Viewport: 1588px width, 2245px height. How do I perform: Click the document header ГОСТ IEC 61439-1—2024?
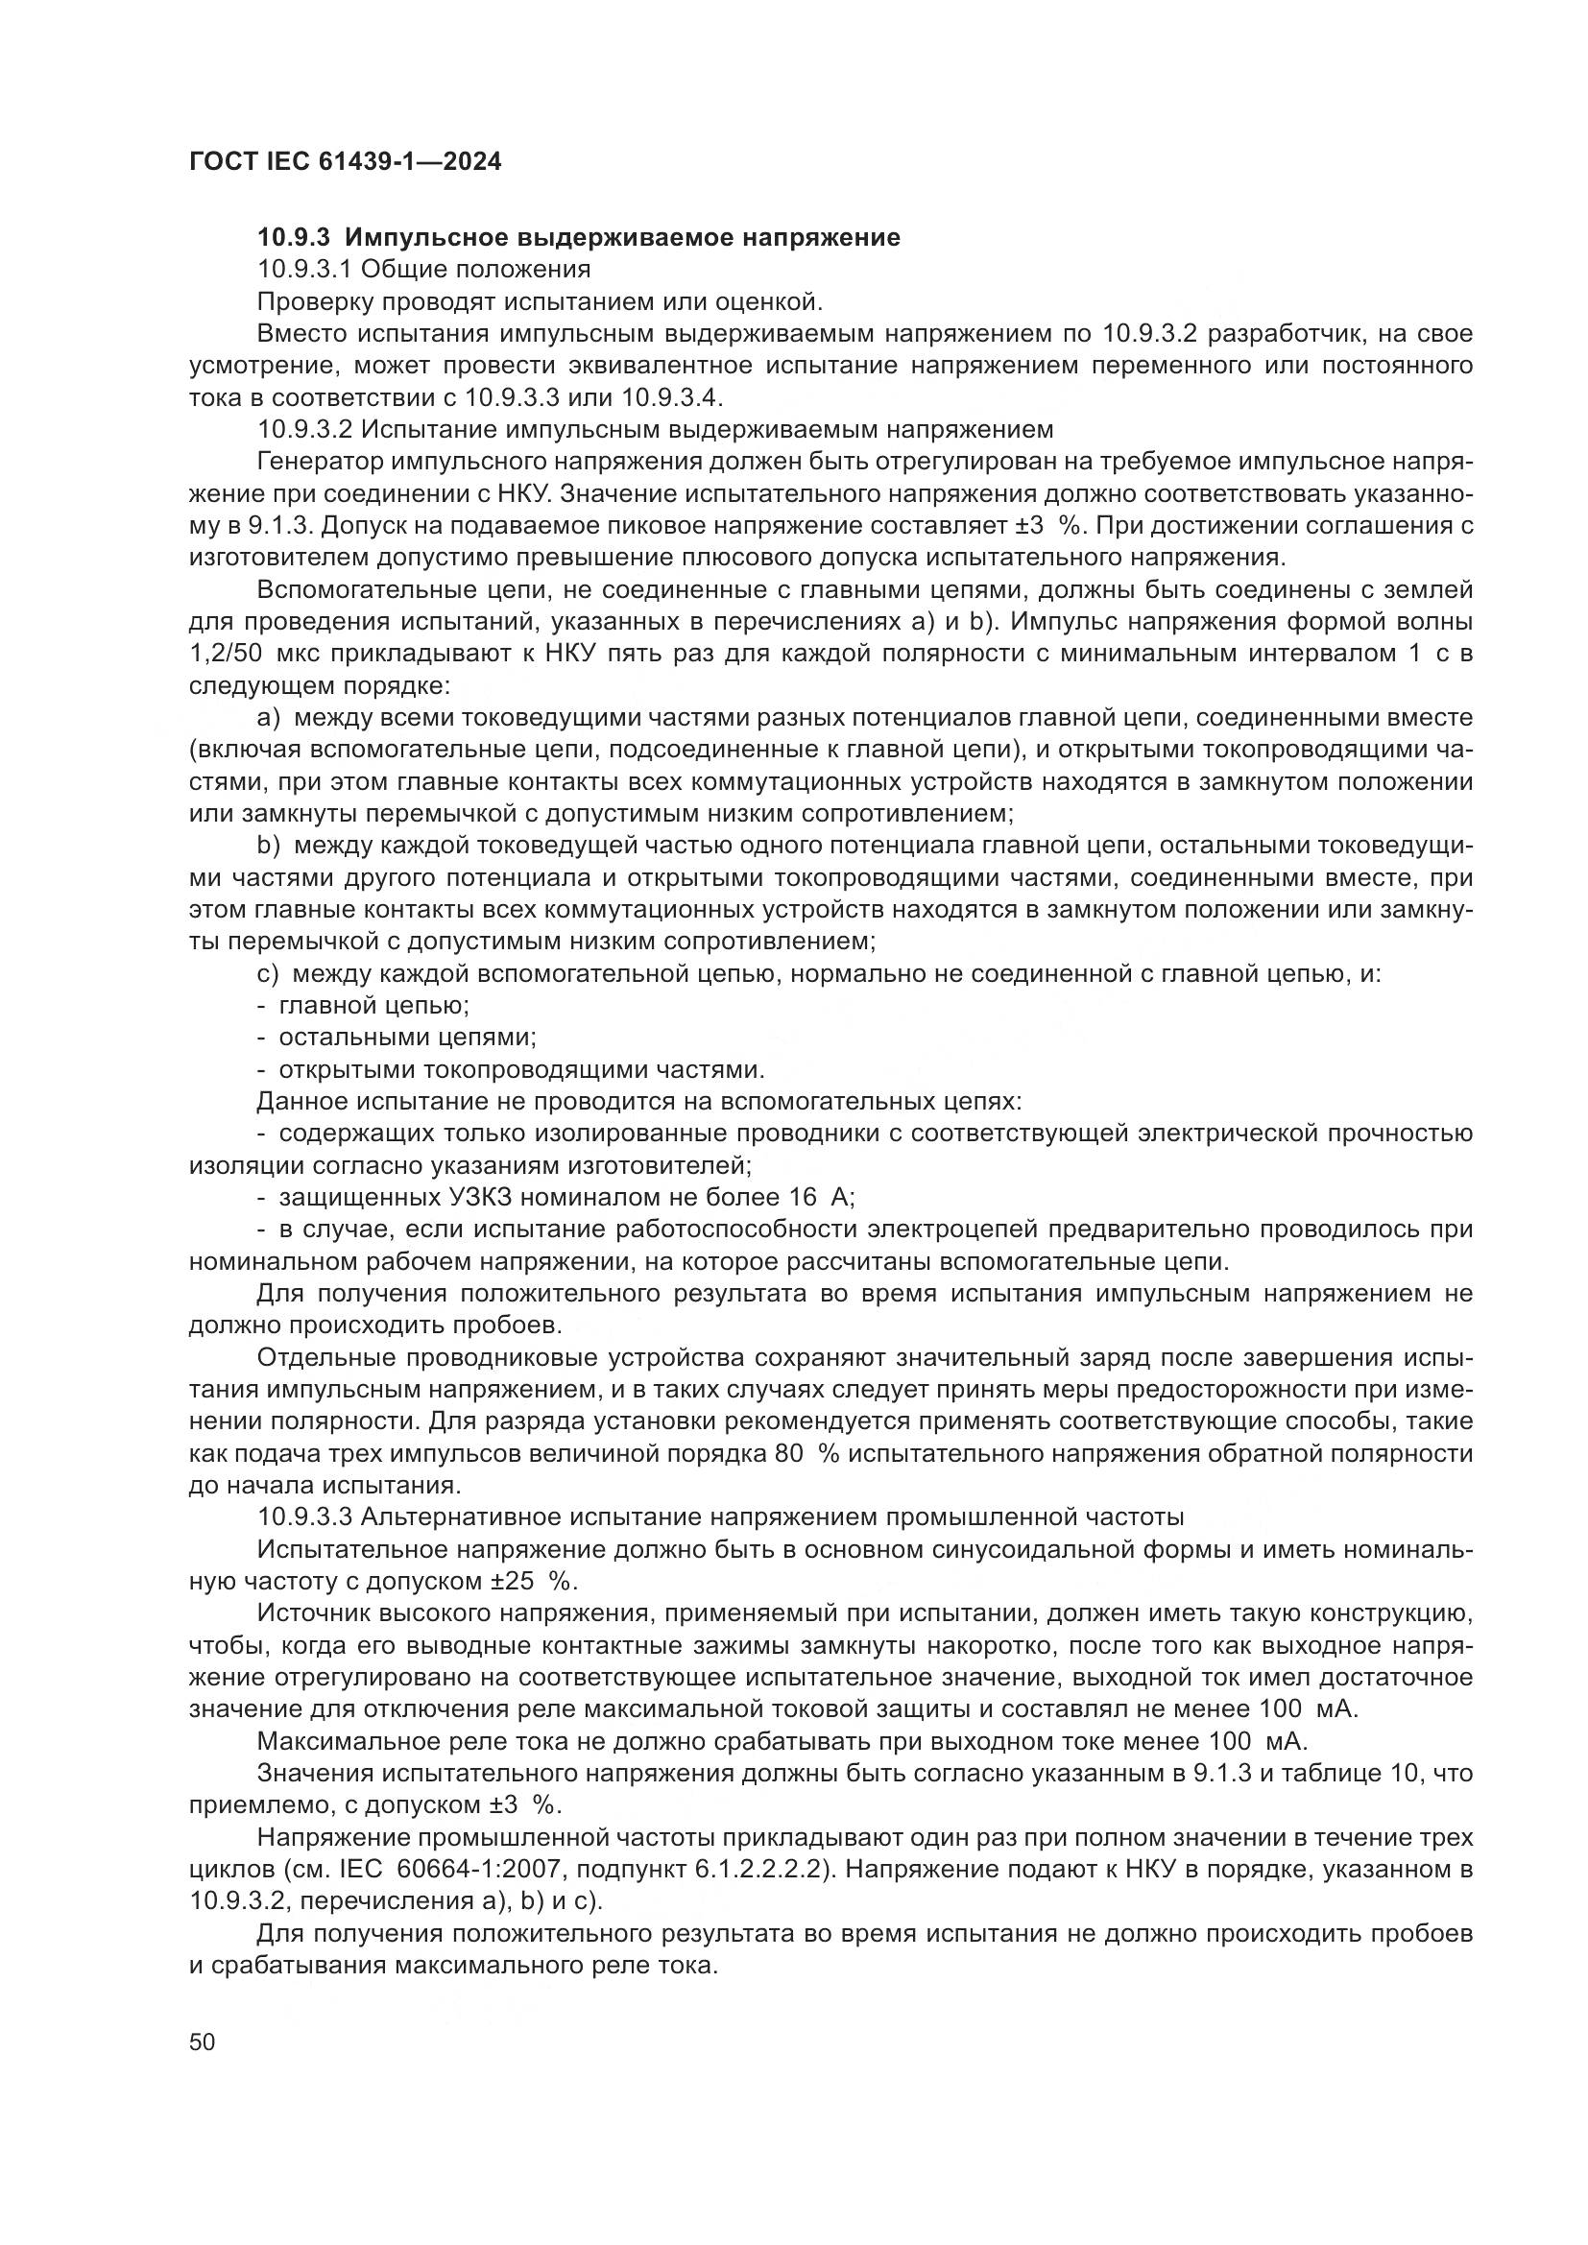pyautogui.click(x=346, y=162)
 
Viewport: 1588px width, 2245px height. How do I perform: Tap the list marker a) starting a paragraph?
pyautogui.click(x=269, y=718)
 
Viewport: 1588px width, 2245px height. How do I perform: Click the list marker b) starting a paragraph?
pyautogui.click(x=269, y=845)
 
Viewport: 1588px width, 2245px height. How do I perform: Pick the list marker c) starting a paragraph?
pyautogui.click(x=269, y=973)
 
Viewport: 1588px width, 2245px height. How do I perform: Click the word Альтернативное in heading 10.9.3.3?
pyautogui.click(x=463, y=1517)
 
